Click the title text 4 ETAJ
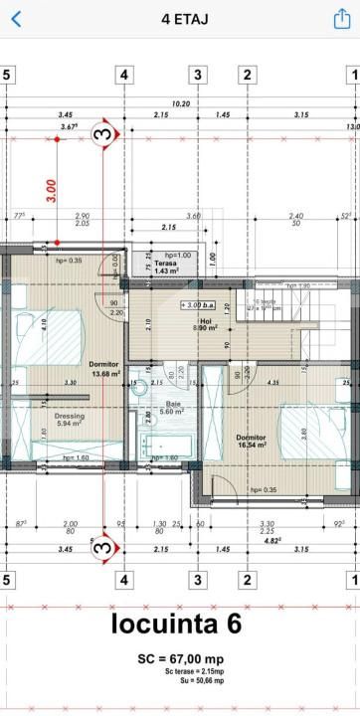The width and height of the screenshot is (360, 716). pyautogui.click(x=180, y=18)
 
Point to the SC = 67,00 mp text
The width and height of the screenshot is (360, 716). pyautogui.click(x=180, y=659)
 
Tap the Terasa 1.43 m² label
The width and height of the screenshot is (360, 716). pyautogui.click(x=166, y=266)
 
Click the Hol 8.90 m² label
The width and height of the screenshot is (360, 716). pyautogui.click(x=207, y=325)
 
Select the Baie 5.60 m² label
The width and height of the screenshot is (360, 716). pyautogui.click(x=173, y=408)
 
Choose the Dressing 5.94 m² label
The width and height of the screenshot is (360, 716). pyautogui.click(x=69, y=420)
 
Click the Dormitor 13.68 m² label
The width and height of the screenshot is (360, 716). pyautogui.click(x=104, y=369)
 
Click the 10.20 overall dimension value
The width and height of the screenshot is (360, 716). pyautogui.click(x=180, y=103)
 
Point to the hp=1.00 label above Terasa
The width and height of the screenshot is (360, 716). pyautogui.click(x=178, y=255)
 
